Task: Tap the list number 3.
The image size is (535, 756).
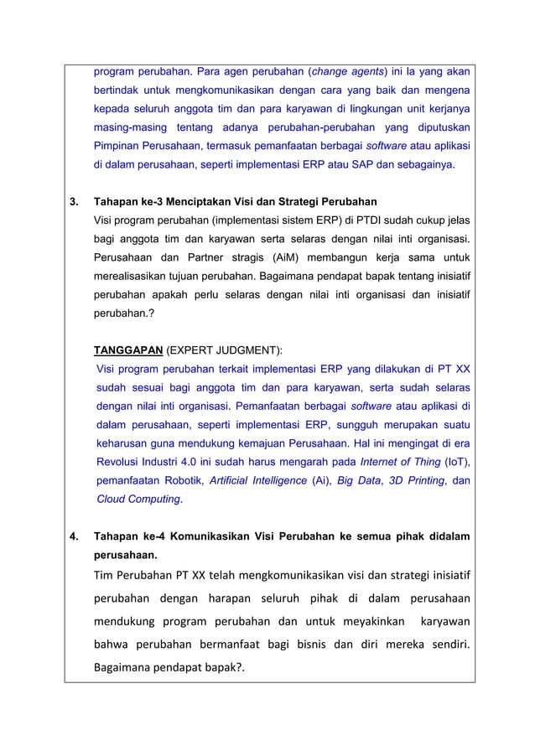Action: pyautogui.click(x=72, y=202)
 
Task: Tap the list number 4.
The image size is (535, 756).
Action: pyautogui.click(x=72, y=536)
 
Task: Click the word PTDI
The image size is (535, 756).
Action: pyautogui.click(x=350, y=221)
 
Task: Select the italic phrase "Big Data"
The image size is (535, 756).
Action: pyautogui.click(x=357, y=481)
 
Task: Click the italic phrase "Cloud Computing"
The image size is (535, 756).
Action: pyautogui.click(x=138, y=500)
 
